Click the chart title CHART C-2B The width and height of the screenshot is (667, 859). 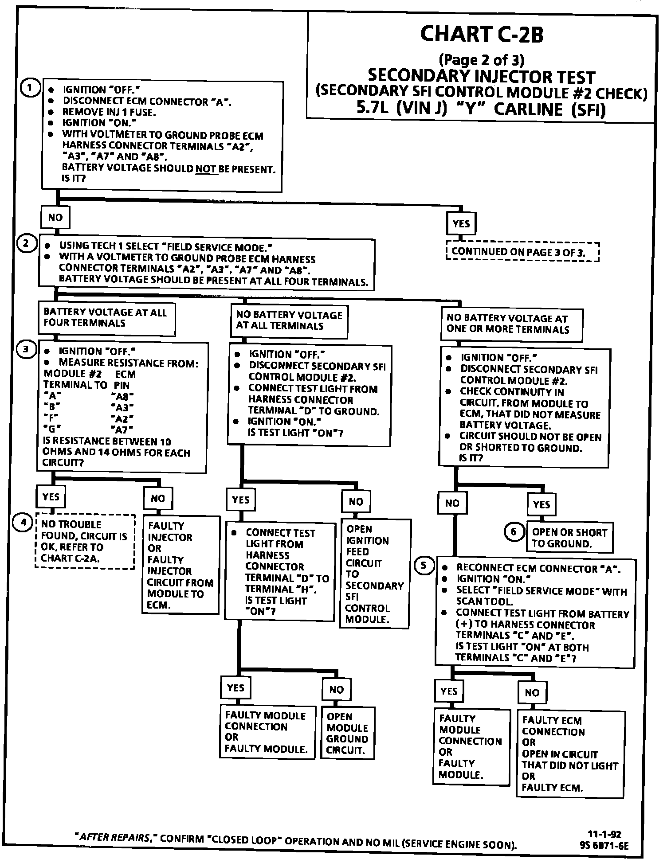pyautogui.click(x=482, y=35)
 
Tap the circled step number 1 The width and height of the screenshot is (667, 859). pyautogui.click(x=30, y=88)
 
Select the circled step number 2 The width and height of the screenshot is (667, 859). pyautogui.click(x=26, y=243)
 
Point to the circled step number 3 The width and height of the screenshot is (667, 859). pyautogui.click(x=26, y=350)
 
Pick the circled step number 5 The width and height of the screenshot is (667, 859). pyautogui.click(x=424, y=565)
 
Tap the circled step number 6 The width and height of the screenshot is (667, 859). pyautogui.click(x=514, y=531)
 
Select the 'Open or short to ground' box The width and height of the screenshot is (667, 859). pyautogui.click(x=569, y=538)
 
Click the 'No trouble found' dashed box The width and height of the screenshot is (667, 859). pyautogui.click(x=85, y=541)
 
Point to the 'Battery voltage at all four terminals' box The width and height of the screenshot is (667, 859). pyautogui.click(x=106, y=318)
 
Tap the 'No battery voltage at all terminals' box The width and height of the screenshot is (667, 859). pyautogui.click(x=289, y=321)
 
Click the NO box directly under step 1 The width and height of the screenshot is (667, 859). pyautogui.click(x=55, y=218)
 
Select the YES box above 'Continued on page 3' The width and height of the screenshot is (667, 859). pyautogui.click(x=461, y=224)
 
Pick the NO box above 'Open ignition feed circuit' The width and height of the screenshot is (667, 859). pyautogui.click(x=356, y=502)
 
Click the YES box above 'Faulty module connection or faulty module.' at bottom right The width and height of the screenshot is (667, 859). pyautogui.click(x=449, y=691)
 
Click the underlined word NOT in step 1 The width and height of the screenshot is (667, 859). pyautogui.click(x=206, y=169)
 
